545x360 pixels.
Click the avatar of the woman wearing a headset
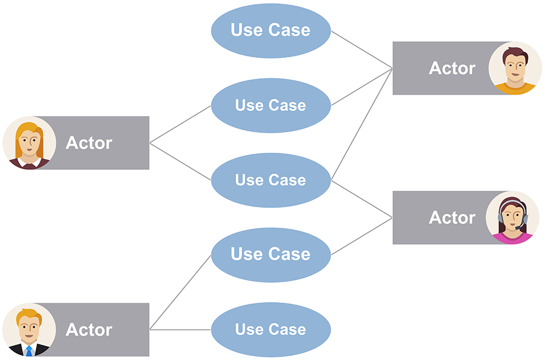(x=512, y=217)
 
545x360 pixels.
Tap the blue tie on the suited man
(x=29, y=350)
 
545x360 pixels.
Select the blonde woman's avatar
(x=29, y=143)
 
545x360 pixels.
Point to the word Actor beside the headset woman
(x=452, y=217)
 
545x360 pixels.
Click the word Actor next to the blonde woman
(x=89, y=143)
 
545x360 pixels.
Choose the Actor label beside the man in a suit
(x=89, y=329)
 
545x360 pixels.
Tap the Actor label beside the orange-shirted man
(x=452, y=68)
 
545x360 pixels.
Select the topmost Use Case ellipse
(x=271, y=31)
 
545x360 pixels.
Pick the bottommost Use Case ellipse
(x=271, y=329)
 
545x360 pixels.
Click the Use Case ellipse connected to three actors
(x=271, y=181)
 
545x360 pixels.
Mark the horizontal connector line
(x=180, y=329)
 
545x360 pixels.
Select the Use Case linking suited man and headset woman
(x=271, y=255)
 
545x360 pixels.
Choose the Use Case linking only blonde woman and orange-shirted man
(x=271, y=105)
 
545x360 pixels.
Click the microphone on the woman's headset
(x=518, y=227)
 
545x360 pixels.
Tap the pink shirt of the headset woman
(x=512, y=238)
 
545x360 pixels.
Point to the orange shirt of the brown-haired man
(x=515, y=89)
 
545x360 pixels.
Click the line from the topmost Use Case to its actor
(x=362, y=49)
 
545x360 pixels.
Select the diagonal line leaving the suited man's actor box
(x=180, y=292)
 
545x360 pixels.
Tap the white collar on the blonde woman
(x=29, y=162)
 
